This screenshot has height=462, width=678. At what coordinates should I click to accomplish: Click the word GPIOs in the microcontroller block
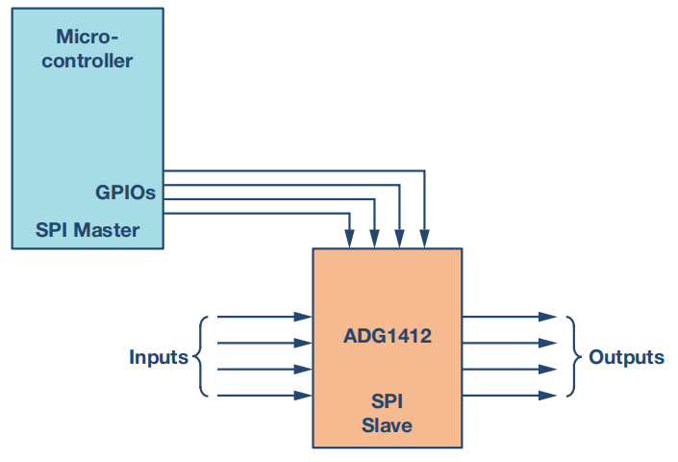tap(125, 192)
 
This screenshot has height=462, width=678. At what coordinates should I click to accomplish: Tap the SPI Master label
tap(88, 230)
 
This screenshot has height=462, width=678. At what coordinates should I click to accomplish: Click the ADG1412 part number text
tap(387, 337)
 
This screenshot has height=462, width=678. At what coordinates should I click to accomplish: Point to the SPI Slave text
tap(387, 413)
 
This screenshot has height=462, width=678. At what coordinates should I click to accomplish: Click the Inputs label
tap(159, 357)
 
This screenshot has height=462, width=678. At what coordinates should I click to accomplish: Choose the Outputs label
tap(626, 357)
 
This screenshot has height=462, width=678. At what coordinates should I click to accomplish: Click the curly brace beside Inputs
tap(200, 356)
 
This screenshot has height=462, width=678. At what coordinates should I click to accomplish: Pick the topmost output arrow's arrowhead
tap(548, 316)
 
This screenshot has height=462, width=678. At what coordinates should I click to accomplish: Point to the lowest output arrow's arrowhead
tap(548, 395)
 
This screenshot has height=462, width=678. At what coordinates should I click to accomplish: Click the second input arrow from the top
tap(260, 342)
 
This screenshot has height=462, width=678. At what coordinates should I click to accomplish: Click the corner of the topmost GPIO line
tap(425, 171)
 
